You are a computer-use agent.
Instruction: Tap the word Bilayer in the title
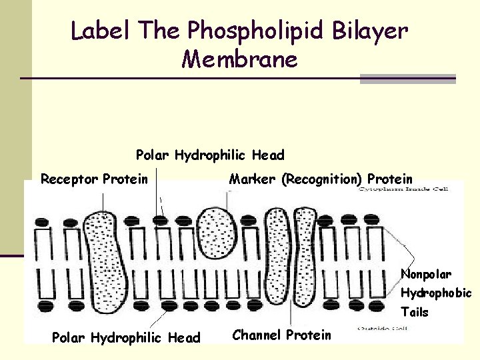[x=375, y=30]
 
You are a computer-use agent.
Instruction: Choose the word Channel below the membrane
[x=257, y=335]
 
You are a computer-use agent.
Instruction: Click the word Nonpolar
[x=426, y=274]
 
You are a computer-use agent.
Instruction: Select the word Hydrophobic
[x=436, y=293]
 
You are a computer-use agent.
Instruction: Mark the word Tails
[x=414, y=311]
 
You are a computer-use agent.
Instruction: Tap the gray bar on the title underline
[x=407, y=78]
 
